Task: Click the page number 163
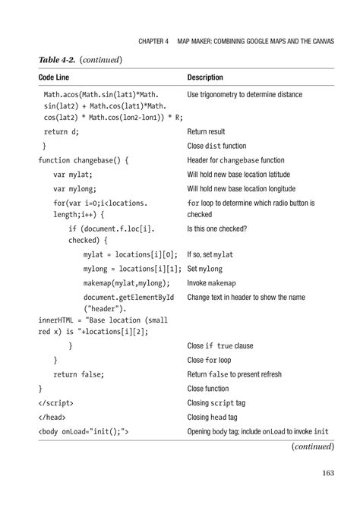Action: point(327,475)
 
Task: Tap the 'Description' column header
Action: point(209,77)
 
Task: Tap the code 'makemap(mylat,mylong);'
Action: point(131,283)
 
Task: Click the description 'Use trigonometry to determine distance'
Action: point(245,94)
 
